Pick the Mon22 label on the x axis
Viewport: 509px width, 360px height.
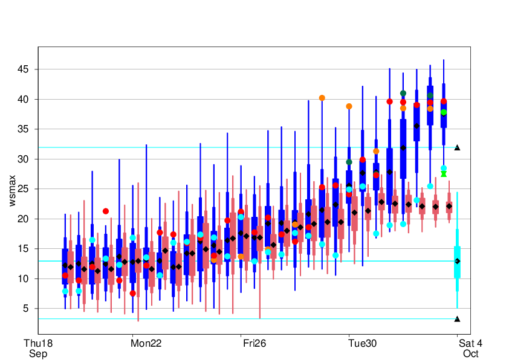coord(146,343)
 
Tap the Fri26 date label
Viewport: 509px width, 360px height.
coord(254,343)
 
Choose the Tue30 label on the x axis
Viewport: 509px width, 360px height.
coord(362,343)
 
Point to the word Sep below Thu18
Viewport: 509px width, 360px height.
coord(37,353)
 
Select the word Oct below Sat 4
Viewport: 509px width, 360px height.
coord(470,353)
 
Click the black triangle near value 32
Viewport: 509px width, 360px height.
coord(458,147)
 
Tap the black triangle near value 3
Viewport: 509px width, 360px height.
coord(458,319)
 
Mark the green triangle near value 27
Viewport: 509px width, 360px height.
coord(444,174)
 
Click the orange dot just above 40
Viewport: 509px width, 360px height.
coord(322,98)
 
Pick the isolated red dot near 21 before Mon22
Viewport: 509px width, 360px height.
coord(106,211)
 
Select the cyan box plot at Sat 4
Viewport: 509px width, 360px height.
coord(458,261)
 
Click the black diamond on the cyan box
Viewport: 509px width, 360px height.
coord(458,261)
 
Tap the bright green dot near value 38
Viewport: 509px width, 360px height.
coord(444,112)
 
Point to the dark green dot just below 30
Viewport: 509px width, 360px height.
coord(349,162)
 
